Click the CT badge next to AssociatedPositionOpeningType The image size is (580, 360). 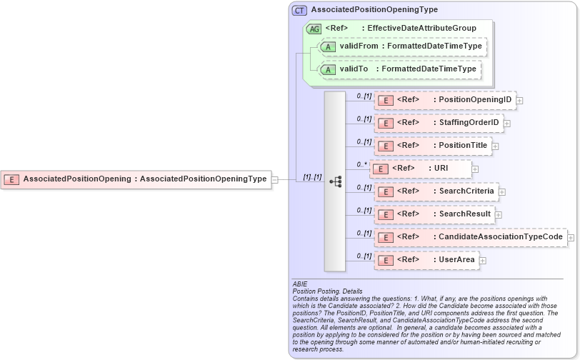300,10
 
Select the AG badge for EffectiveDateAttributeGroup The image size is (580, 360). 313,29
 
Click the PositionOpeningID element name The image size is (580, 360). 475,100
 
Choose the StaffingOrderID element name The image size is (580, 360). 469,123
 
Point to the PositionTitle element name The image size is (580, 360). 463,146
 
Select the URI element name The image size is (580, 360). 441,169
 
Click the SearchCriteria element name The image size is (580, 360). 466,191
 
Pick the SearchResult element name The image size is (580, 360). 464,214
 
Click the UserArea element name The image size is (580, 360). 456,260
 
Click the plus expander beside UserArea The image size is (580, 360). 483,261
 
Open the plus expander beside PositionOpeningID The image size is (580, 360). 519,101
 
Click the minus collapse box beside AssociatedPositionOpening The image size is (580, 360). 275,179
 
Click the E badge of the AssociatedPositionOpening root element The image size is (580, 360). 11,179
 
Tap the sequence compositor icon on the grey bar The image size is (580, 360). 335,182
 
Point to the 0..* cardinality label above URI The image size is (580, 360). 363,164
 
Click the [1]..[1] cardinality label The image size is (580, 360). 312,176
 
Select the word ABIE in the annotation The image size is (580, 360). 300,284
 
